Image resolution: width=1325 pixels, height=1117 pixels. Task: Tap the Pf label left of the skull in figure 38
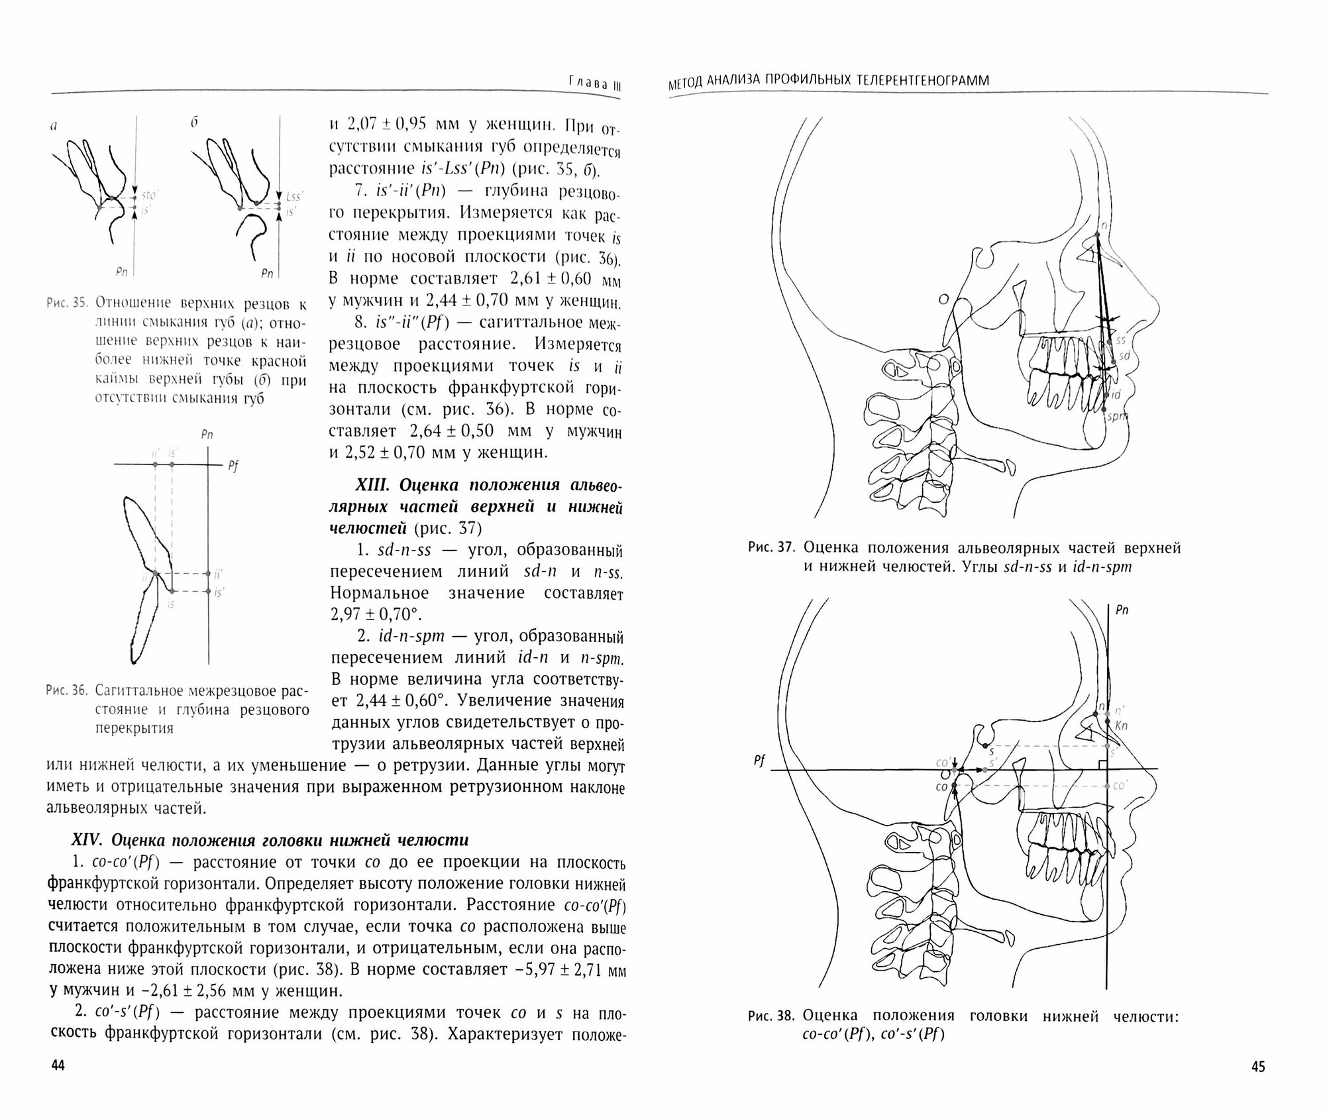point(759,761)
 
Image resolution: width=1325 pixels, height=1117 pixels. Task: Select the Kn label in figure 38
point(1122,725)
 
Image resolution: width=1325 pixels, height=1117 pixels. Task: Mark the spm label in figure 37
point(1118,417)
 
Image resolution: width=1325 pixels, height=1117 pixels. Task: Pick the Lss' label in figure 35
point(295,197)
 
